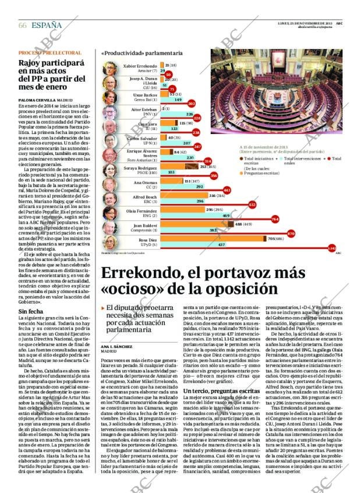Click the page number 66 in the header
point(23,26)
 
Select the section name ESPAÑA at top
point(47,26)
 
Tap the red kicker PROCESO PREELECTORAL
point(49,53)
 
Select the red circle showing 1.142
point(332,248)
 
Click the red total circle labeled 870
point(291,233)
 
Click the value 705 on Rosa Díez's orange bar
point(271,238)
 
